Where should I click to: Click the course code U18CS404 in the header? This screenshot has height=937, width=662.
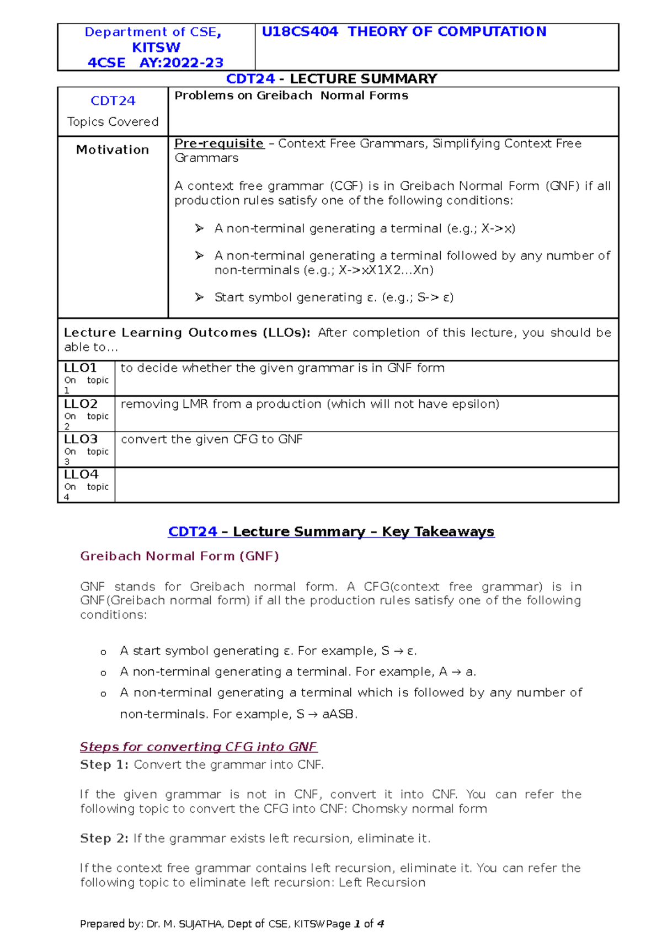pos(300,32)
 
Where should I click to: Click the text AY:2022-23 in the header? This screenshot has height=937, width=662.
pos(181,63)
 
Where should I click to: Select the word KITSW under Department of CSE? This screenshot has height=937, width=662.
pos(156,47)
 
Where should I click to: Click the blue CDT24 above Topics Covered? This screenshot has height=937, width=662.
pos(113,101)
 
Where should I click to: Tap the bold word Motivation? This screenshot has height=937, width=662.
pos(113,150)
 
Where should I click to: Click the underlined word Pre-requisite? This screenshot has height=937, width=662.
pos(219,143)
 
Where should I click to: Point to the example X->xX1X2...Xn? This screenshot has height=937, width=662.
pos(386,270)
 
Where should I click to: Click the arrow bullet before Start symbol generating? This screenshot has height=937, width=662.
pos(199,297)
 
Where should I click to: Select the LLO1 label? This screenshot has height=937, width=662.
pos(81,368)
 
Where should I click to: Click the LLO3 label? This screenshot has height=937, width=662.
pos(81,439)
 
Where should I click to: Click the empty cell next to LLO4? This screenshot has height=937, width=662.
pos(366,485)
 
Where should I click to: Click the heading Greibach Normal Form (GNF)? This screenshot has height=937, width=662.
pos(179,556)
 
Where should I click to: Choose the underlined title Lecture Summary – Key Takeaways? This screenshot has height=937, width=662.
pos(364,532)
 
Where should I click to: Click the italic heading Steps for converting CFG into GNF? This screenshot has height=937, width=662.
pos(199,747)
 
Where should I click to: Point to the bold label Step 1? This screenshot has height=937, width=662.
pos(104,765)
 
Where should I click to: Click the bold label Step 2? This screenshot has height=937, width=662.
pos(104,838)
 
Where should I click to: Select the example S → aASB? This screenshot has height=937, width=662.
pos(326,714)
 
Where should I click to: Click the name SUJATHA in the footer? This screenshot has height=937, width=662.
pos(201,924)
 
